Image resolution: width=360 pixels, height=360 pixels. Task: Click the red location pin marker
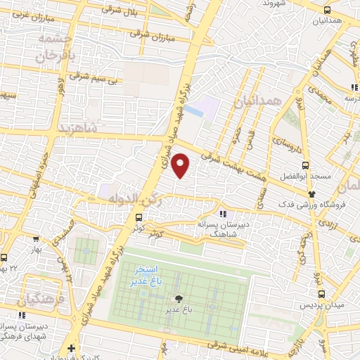181,166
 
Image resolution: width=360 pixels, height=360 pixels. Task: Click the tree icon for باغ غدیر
178,299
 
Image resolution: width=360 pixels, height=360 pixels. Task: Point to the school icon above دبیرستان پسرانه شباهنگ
222,214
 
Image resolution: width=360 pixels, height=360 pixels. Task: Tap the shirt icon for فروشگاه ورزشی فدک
312,194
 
